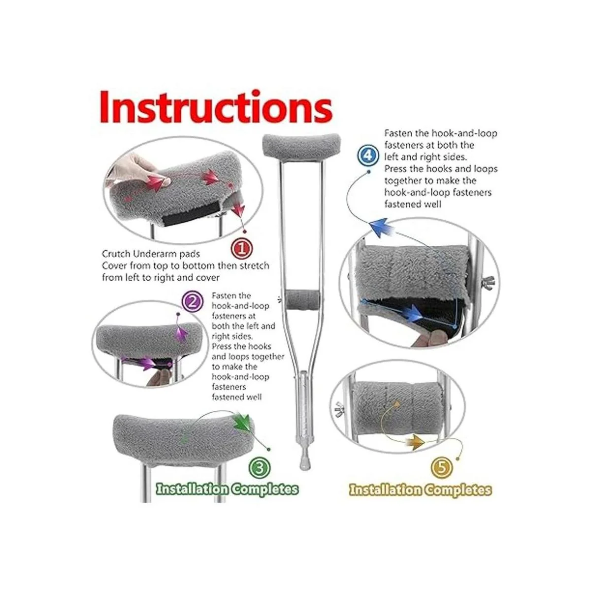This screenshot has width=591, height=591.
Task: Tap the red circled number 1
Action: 242,249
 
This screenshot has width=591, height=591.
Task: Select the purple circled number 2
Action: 192,302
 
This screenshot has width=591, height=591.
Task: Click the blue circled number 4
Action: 368,155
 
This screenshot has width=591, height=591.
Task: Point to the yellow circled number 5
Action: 442,468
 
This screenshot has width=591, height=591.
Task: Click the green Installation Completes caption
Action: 227,489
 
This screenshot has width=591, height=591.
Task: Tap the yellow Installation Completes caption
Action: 421,489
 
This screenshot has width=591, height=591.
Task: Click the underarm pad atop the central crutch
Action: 301,146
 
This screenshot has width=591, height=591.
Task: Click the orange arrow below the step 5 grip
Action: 416,442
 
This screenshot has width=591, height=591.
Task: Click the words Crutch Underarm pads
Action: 151,254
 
